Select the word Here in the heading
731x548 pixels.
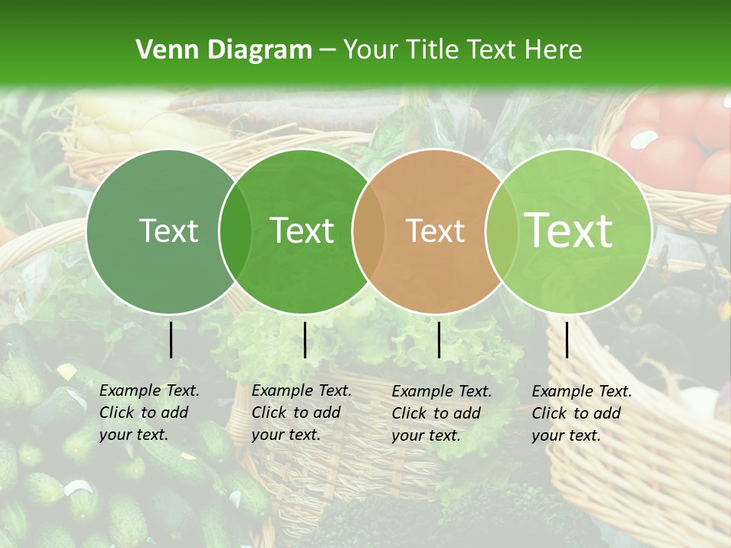coord(554,50)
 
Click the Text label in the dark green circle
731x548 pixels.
coord(168,231)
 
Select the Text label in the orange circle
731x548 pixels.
coord(436,231)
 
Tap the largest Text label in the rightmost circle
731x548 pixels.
coord(569,231)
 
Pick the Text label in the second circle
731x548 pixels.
coord(302,231)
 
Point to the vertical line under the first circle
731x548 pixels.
coord(171,339)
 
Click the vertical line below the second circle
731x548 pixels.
coord(305,339)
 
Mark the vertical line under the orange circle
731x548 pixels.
coord(439,339)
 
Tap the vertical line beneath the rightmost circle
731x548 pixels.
coord(567,339)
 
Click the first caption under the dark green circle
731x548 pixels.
coord(148,413)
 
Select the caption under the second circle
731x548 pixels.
coord(301,413)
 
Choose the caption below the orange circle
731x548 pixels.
coord(441,413)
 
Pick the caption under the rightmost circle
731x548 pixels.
coord(581,413)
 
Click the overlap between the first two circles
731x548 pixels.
coord(235,231)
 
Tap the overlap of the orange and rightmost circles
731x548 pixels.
coord(500,231)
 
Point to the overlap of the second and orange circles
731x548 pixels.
coord(368,231)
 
